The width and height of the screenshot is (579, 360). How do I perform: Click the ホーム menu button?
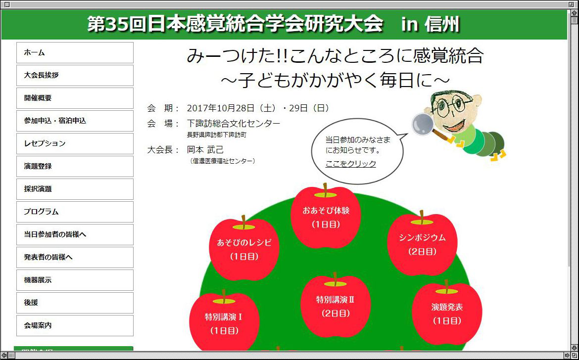pos(75,53)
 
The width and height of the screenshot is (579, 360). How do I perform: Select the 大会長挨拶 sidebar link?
pos(75,75)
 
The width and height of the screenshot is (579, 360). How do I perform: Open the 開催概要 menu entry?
pos(75,98)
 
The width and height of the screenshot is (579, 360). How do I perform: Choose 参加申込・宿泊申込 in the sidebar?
pos(75,121)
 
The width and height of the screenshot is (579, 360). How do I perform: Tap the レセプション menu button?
pos(75,143)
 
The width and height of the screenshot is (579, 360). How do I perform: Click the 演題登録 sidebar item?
pos(75,166)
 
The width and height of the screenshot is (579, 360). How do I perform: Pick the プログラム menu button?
pos(75,212)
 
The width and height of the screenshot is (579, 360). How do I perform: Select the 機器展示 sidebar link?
pos(75,280)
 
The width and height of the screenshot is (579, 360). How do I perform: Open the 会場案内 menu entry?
pos(75,325)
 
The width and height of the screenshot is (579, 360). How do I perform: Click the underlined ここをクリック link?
pos(351,164)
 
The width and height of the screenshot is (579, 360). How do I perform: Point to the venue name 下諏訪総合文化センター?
pos(234,123)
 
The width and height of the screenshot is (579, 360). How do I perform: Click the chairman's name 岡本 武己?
pos(205,150)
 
